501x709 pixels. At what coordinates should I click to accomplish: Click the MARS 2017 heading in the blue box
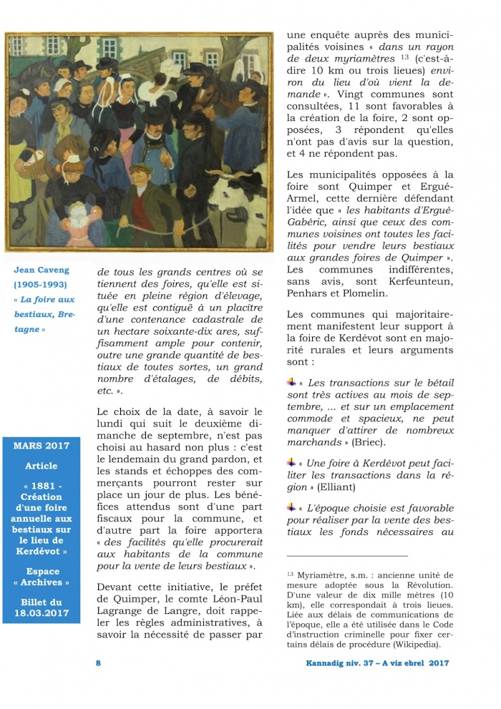(42, 445)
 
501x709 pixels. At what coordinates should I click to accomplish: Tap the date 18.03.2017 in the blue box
(42, 614)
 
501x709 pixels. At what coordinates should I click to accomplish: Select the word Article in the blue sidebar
(42, 466)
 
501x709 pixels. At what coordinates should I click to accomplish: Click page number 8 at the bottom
(98, 663)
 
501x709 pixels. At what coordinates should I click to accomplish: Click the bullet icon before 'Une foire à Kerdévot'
(291, 462)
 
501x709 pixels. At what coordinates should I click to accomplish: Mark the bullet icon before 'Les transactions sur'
(291, 381)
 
